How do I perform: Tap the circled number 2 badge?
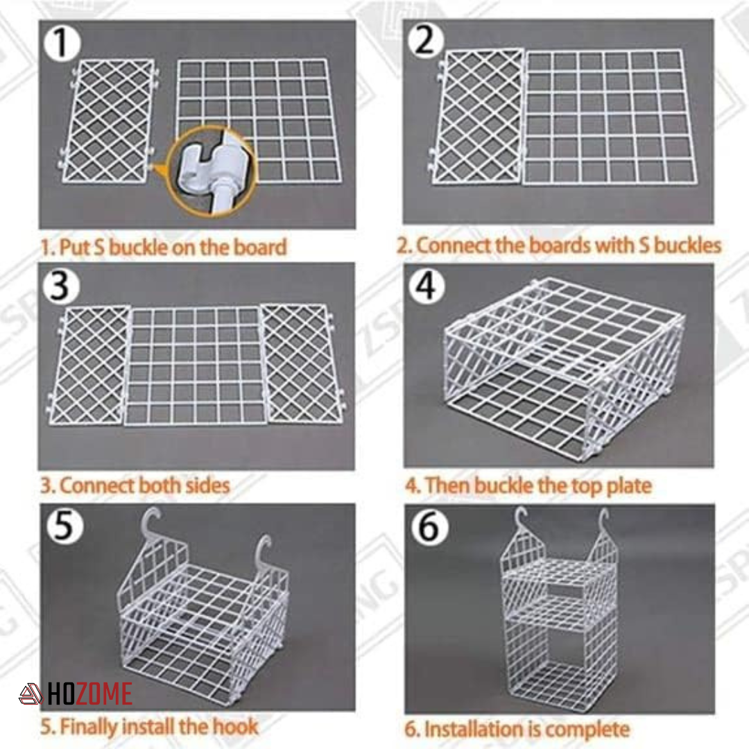(426, 40)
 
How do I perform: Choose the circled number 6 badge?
(429, 527)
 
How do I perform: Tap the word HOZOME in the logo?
(89, 694)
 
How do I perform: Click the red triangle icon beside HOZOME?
(31, 694)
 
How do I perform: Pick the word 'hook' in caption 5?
(236, 727)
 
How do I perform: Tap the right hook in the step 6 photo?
(603, 522)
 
